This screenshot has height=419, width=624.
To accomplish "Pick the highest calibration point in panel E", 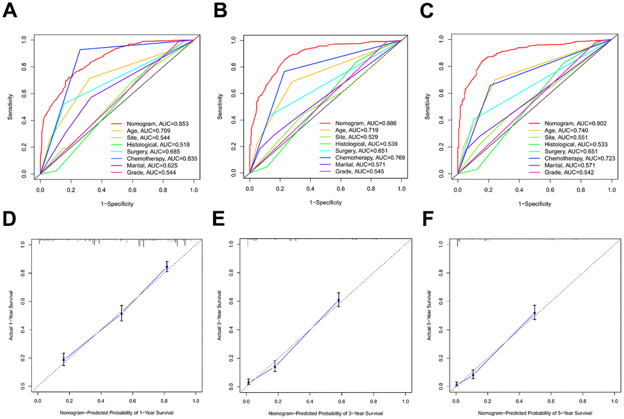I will click(x=338, y=301).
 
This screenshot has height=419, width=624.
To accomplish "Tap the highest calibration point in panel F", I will click(x=535, y=313).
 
